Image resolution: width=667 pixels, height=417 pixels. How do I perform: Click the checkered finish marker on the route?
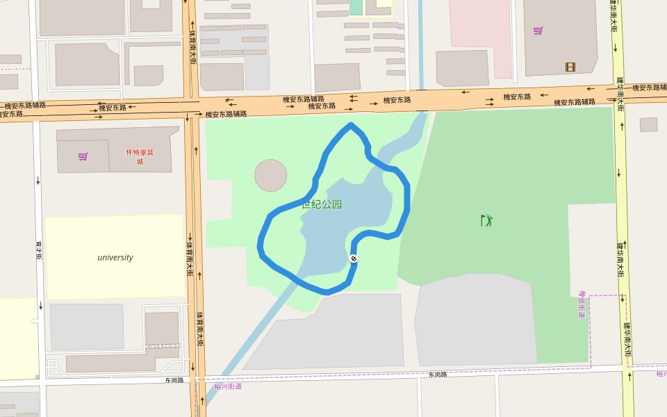pos(354,259)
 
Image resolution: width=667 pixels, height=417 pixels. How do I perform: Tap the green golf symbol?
pos(487,220)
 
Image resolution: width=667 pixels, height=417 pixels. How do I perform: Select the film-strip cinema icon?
pos(570,67)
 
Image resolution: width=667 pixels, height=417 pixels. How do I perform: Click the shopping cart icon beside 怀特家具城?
pos(83,156)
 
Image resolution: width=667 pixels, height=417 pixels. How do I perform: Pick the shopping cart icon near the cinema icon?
pos(538,31)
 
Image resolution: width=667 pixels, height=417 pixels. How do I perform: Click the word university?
pos(115,257)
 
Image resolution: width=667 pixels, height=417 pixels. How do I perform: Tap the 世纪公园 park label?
pos(322,204)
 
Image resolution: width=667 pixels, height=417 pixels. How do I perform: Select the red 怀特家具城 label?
pos(140,156)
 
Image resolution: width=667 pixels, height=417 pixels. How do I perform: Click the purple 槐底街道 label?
pos(582,304)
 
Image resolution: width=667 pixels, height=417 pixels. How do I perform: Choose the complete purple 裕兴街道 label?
pos(228,386)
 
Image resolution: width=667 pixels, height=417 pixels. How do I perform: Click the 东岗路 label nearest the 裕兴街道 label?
pos(174,380)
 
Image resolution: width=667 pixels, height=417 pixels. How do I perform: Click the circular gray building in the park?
pos(270,175)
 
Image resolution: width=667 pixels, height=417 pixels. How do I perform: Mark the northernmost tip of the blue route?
pos(352,125)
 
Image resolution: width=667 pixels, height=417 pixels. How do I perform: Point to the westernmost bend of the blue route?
pos(260,245)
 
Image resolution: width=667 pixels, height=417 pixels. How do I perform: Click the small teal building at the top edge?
pos(356,7)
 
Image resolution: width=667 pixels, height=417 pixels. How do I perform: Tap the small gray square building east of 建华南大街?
pos(648,124)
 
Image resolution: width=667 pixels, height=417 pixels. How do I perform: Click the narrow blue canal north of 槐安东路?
pos(421,42)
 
